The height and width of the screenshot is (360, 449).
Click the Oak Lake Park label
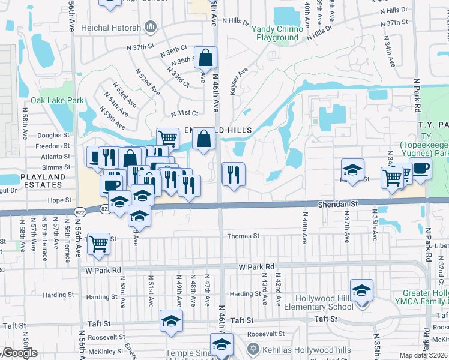click(58, 101)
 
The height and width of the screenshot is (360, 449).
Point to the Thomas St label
click(243, 237)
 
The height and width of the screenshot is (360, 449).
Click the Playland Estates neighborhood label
click(42, 182)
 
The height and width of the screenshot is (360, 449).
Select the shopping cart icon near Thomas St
click(98, 244)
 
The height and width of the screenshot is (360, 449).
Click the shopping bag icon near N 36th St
click(206, 58)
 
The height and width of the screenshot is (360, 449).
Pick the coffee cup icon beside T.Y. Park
click(420, 169)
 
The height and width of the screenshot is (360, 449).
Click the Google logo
click(20, 353)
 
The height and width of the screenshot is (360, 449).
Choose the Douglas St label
click(53, 136)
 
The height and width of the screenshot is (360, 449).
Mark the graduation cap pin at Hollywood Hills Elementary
click(361, 291)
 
